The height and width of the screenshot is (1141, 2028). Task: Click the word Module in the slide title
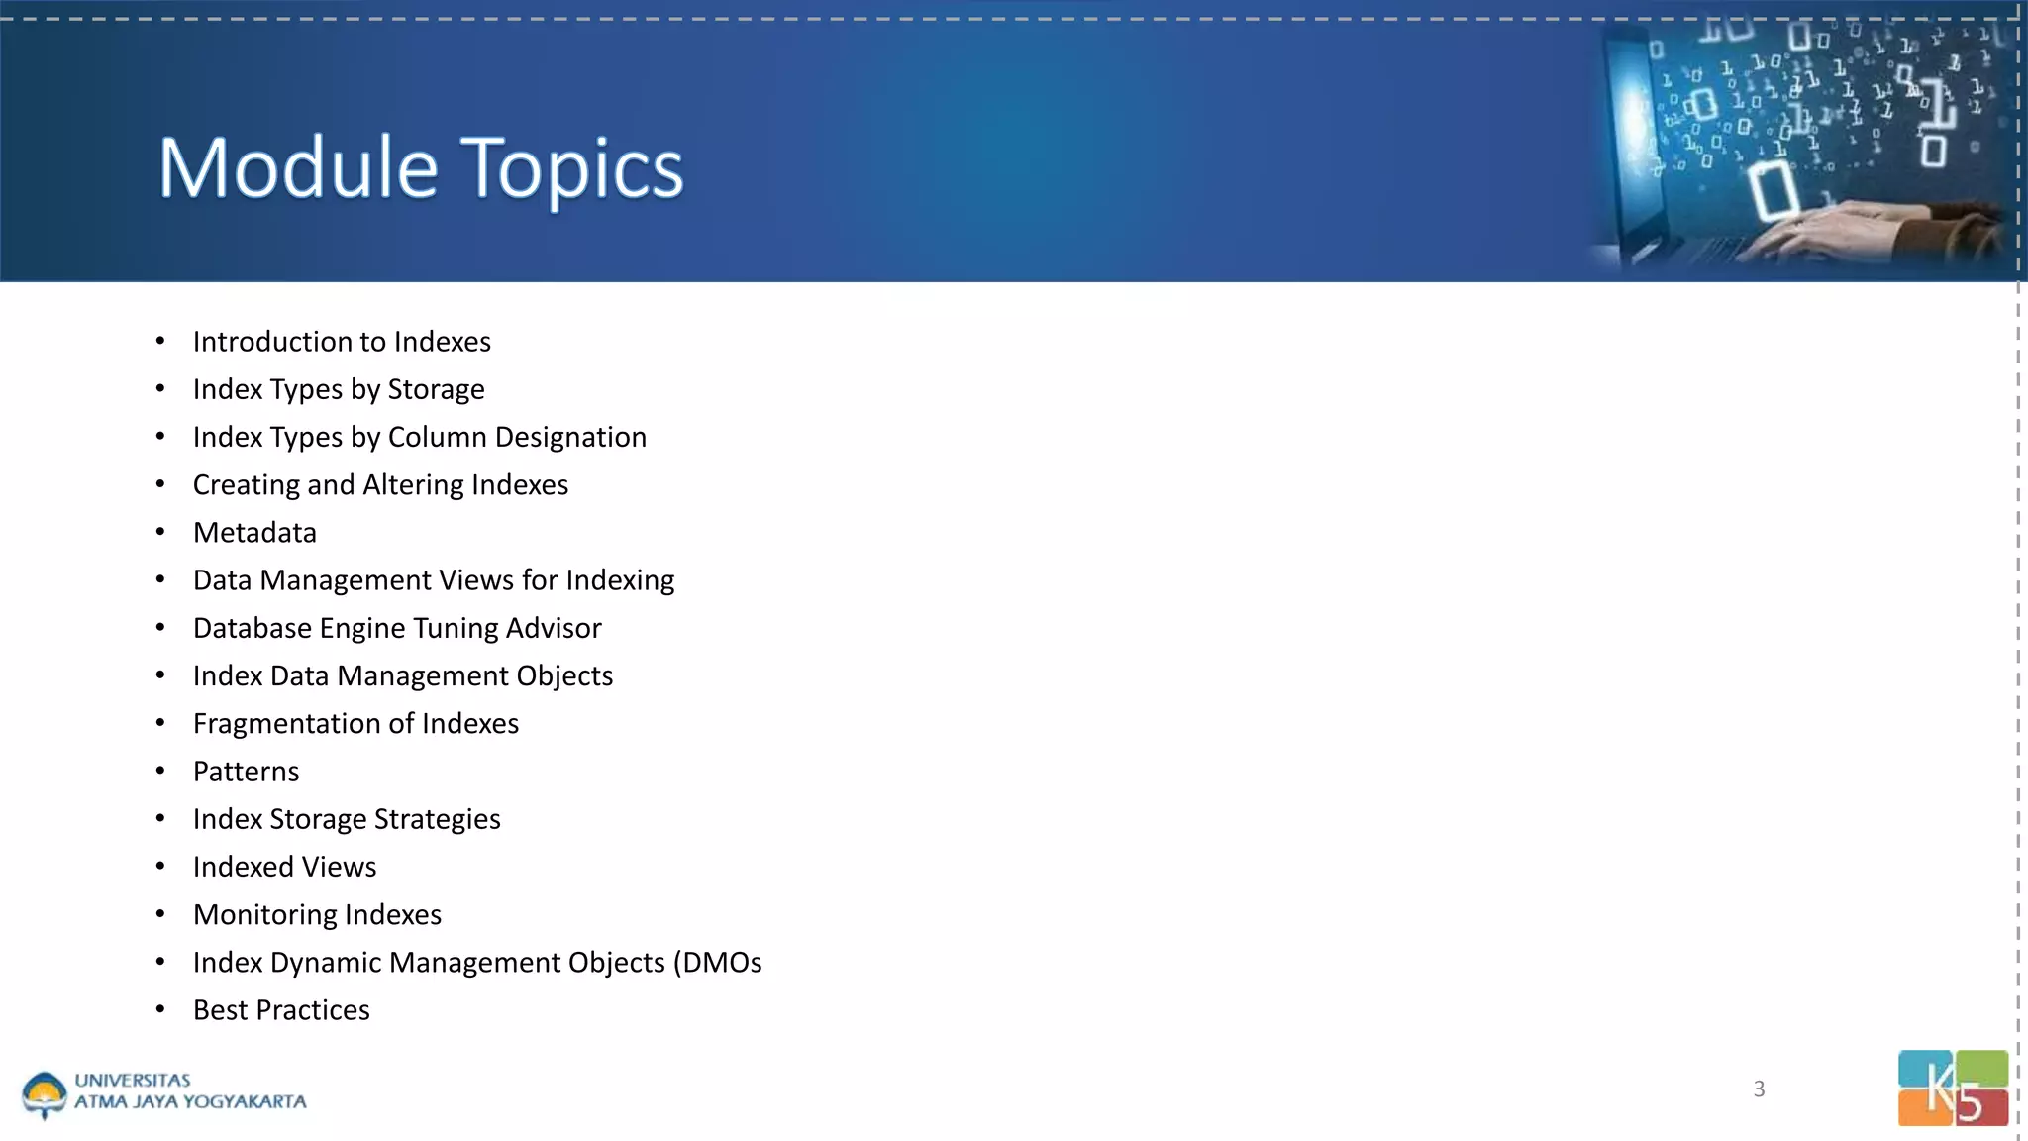(297, 168)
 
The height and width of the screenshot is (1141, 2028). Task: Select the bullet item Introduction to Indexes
(342, 342)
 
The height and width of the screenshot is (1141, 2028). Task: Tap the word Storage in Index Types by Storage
(436, 390)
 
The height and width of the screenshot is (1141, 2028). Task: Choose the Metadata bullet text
(254, 533)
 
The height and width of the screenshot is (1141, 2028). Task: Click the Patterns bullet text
(246, 772)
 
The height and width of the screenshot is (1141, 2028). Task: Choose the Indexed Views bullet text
(284, 868)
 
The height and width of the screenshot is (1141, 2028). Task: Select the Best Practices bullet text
(281, 1010)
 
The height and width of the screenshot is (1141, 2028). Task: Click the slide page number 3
(1759, 1089)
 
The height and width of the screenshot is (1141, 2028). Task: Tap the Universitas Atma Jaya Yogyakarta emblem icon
(44, 1095)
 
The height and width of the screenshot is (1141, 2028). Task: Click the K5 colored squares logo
(1953, 1088)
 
